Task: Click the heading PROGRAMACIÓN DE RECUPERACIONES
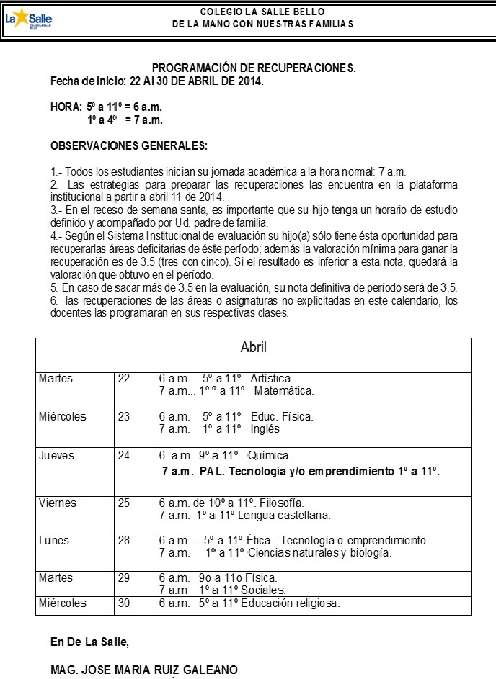pyautogui.click(x=254, y=68)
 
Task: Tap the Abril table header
pyautogui.click(x=253, y=347)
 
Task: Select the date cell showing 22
pyautogui.click(x=124, y=379)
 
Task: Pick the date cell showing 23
pyautogui.click(x=124, y=417)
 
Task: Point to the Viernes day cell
pyautogui.click(x=57, y=503)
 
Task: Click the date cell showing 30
pyautogui.click(x=124, y=603)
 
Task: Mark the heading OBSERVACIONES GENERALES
pyautogui.click(x=128, y=146)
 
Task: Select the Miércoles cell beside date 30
pyautogui.click(x=63, y=603)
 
